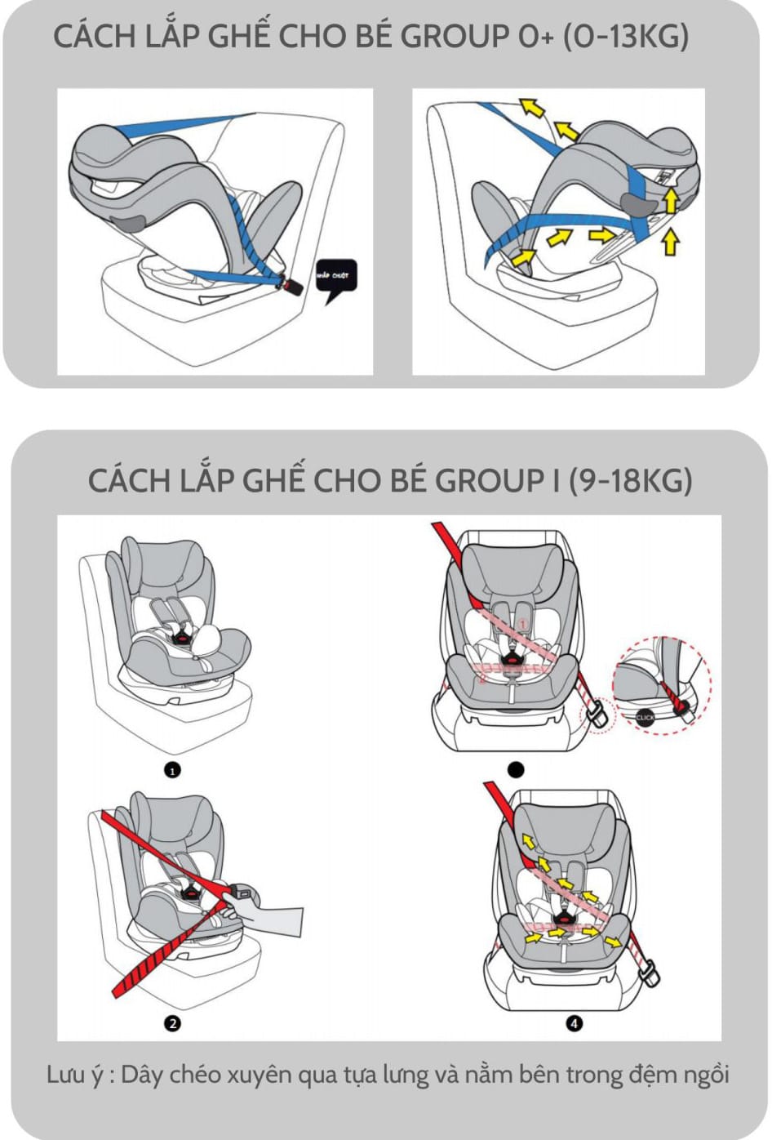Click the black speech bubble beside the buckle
335,278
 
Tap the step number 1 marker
172,769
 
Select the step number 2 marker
172,1023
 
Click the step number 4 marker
575,1023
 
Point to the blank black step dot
516,769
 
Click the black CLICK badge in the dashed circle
645,717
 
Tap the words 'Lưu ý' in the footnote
75,1075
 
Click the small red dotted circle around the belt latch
596,716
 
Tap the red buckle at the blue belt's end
289,286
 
